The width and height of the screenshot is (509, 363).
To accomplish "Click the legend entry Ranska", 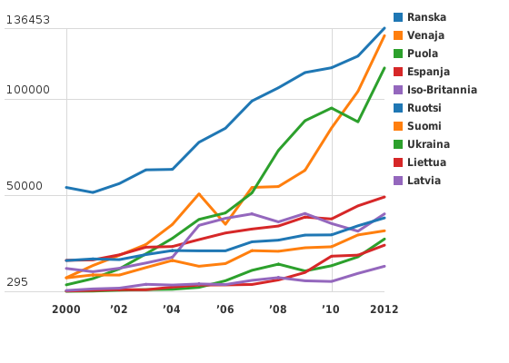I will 426,17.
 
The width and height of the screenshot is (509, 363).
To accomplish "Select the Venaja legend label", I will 425,35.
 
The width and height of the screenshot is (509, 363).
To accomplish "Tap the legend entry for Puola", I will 423,54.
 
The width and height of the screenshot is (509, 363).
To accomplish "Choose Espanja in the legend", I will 428,72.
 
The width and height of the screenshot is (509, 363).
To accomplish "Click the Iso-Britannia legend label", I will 442,90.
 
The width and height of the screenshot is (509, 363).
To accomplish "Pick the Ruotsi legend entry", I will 425,108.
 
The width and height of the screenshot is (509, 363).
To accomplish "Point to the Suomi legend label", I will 424,126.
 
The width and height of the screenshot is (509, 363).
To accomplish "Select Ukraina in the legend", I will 428,144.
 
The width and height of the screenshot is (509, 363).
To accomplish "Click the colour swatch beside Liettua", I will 398,162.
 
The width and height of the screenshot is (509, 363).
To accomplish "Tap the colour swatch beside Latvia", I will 398,181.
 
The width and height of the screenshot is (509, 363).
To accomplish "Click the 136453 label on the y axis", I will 28,20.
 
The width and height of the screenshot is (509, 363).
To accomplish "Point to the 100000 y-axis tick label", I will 28,92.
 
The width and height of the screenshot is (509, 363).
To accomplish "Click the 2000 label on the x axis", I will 66,309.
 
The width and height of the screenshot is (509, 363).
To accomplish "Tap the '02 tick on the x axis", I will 119,309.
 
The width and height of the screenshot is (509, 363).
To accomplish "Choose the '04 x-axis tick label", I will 172,309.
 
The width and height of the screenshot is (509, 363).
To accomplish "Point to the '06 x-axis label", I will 225,309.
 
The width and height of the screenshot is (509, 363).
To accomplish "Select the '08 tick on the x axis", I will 277,309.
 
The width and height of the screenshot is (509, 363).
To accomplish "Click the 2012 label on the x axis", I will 384,309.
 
